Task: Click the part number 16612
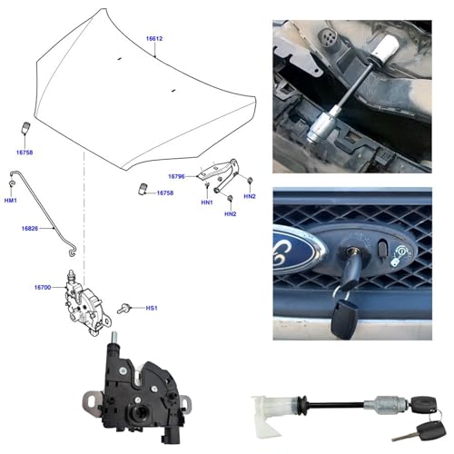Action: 154,39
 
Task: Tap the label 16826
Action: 30,229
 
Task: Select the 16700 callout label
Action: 43,287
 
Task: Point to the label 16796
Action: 176,176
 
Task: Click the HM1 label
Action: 11,201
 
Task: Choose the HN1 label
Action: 207,202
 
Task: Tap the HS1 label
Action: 152,308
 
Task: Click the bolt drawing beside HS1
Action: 123,309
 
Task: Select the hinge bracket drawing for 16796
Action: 219,175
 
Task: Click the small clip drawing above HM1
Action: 12,183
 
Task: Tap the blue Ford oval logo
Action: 297,250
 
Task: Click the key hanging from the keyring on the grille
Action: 344,321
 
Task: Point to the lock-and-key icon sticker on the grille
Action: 400,255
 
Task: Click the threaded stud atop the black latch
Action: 114,339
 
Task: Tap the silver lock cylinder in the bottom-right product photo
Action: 387,404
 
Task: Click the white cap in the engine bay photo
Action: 385,46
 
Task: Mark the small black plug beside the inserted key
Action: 382,249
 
